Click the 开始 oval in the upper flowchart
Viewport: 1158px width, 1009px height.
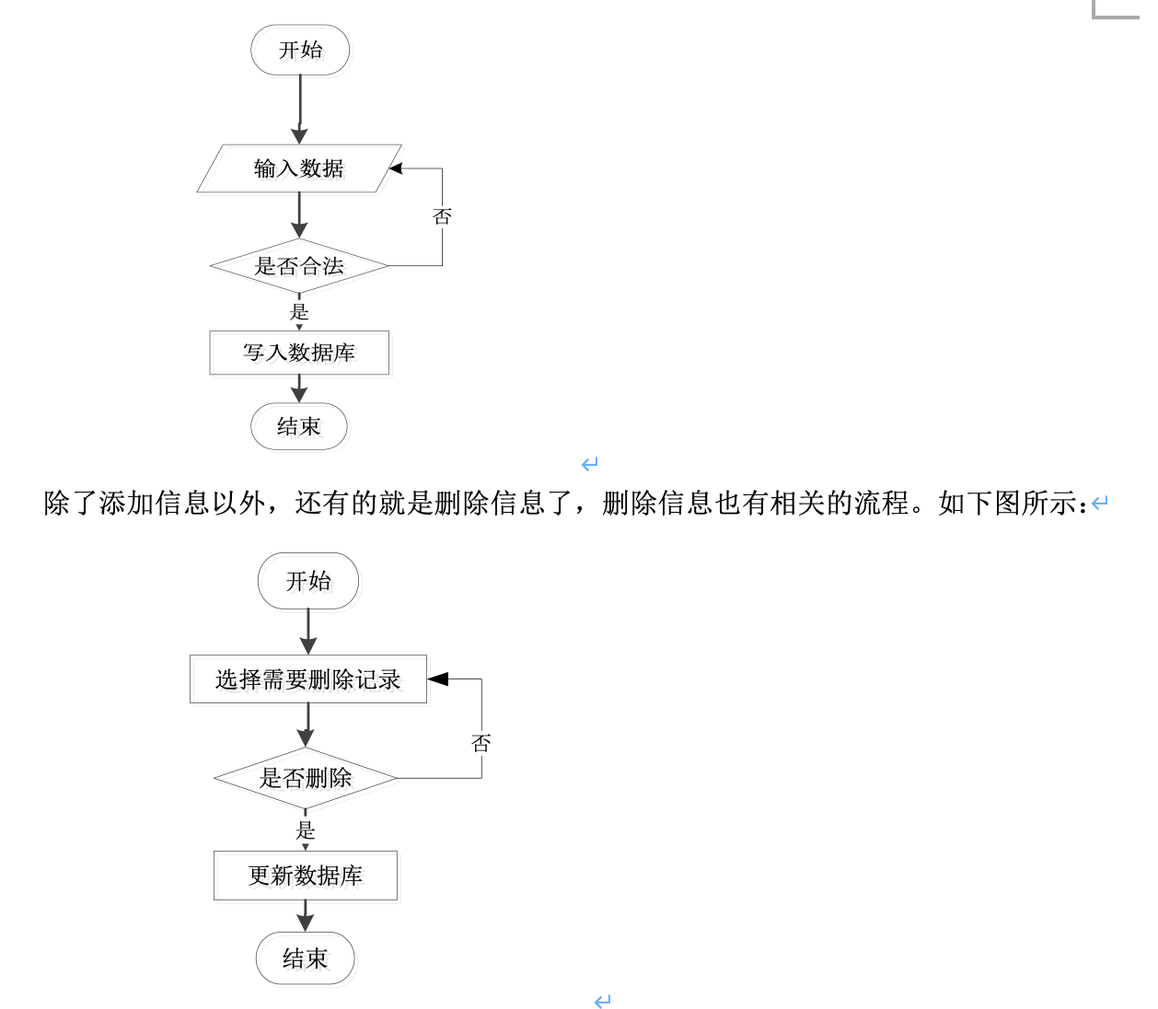pyautogui.click(x=300, y=50)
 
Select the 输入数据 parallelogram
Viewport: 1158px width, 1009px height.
pyautogui.click(x=299, y=168)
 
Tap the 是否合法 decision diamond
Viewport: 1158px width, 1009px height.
pyautogui.click(x=299, y=266)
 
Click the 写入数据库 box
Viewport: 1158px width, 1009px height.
pyautogui.click(x=299, y=353)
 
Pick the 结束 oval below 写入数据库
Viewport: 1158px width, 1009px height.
pyautogui.click(x=299, y=426)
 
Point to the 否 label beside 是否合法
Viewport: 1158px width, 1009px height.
pyautogui.click(x=442, y=216)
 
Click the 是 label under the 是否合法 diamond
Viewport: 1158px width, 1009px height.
pyautogui.click(x=299, y=312)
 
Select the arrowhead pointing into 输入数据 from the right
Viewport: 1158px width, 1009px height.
pyautogui.click(x=396, y=168)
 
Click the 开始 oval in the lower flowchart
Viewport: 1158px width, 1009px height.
pyautogui.click(x=308, y=581)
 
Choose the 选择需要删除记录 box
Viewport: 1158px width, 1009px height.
pyautogui.click(x=308, y=679)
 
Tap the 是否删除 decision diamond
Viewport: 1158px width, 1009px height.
pyautogui.click(x=306, y=778)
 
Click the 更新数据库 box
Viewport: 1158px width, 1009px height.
pyautogui.click(x=306, y=876)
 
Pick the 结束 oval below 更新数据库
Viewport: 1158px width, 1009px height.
pyautogui.click(x=305, y=958)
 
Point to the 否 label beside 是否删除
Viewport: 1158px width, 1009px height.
pyautogui.click(x=481, y=743)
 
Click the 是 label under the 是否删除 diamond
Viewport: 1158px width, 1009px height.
pyautogui.click(x=306, y=831)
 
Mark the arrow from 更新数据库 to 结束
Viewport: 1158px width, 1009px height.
pyautogui.click(x=306, y=915)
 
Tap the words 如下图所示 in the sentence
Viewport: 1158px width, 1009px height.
pyautogui.click(x=1007, y=504)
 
